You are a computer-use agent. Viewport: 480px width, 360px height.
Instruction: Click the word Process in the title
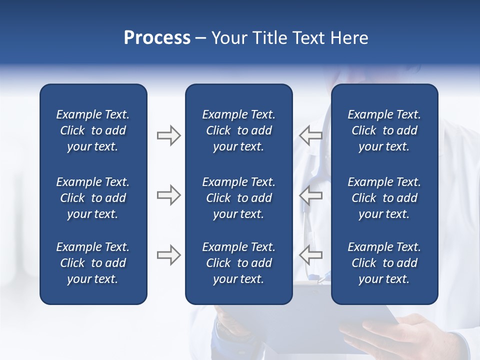[x=157, y=38]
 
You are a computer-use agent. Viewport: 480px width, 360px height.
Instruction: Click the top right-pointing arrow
[x=168, y=135]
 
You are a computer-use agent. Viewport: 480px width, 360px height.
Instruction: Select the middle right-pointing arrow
[x=168, y=195]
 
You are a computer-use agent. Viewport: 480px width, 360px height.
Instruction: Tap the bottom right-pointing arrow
[x=168, y=255]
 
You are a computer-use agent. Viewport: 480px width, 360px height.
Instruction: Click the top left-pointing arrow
[x=310, y=135]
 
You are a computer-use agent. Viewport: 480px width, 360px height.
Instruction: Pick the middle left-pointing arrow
[x=310, y=195]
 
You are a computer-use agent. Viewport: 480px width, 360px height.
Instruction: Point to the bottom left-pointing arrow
[x=310, y=255]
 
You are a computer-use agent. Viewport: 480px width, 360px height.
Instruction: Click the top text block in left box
[x=93, y=130]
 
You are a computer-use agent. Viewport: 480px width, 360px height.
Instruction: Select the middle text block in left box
[x=93, y=198]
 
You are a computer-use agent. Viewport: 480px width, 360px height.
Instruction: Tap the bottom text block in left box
[x=93, y=263]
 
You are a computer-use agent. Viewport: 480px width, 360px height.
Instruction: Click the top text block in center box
[x=239, y=130]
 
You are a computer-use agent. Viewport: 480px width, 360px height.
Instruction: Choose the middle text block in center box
[x=239, y=198]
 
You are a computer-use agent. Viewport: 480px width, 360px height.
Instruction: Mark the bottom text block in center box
[x=239, y=263]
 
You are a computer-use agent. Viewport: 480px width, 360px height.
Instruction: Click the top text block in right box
[x=384, y=130]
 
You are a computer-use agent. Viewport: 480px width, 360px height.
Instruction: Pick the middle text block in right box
[x=384, y=198]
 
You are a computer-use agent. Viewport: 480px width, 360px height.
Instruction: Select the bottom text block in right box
[x=384, y=263]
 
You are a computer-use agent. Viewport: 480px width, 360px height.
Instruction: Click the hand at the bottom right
[x=395, y=337]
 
